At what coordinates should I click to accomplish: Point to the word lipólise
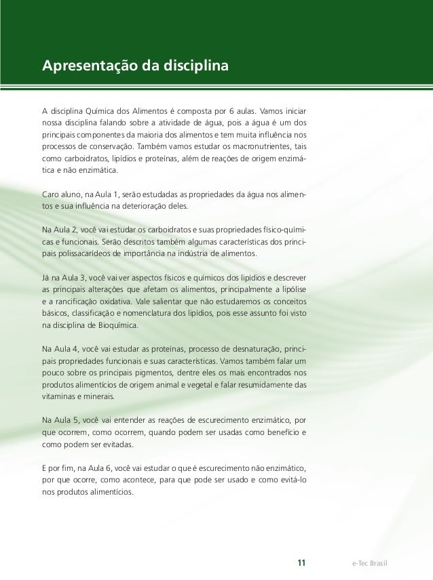(x=291, y=289)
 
